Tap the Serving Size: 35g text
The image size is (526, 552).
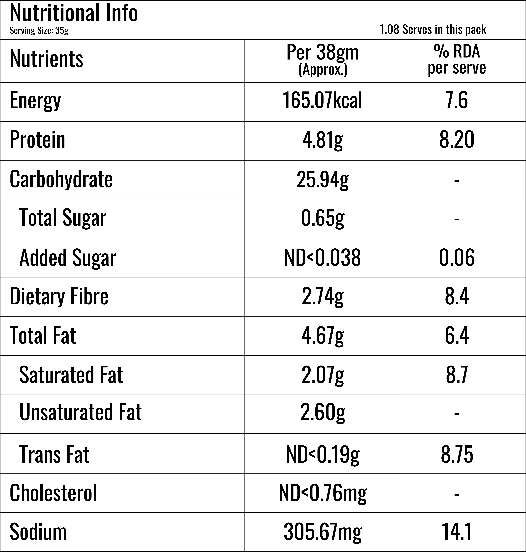point(39,30)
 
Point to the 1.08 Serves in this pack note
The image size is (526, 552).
point(433,29)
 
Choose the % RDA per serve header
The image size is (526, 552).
point(457,60)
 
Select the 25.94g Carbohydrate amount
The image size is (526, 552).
point(323,179)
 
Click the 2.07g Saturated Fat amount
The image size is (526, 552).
point(323,375)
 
